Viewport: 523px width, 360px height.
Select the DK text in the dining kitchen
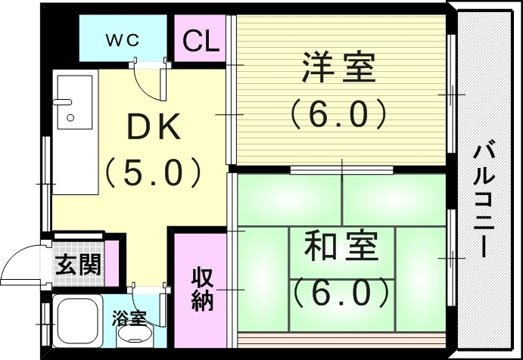pyautogui.click(x=154, y=129)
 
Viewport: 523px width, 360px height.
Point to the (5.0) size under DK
pyautogui.click(x=154, y=172)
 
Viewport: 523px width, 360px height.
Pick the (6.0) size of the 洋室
pyautogui.click(x=338, y=113)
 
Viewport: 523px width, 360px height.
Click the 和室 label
pyautogui.click(x=339, y=247)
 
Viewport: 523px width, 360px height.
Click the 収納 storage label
pyautogui.click(x=201, y=290)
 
